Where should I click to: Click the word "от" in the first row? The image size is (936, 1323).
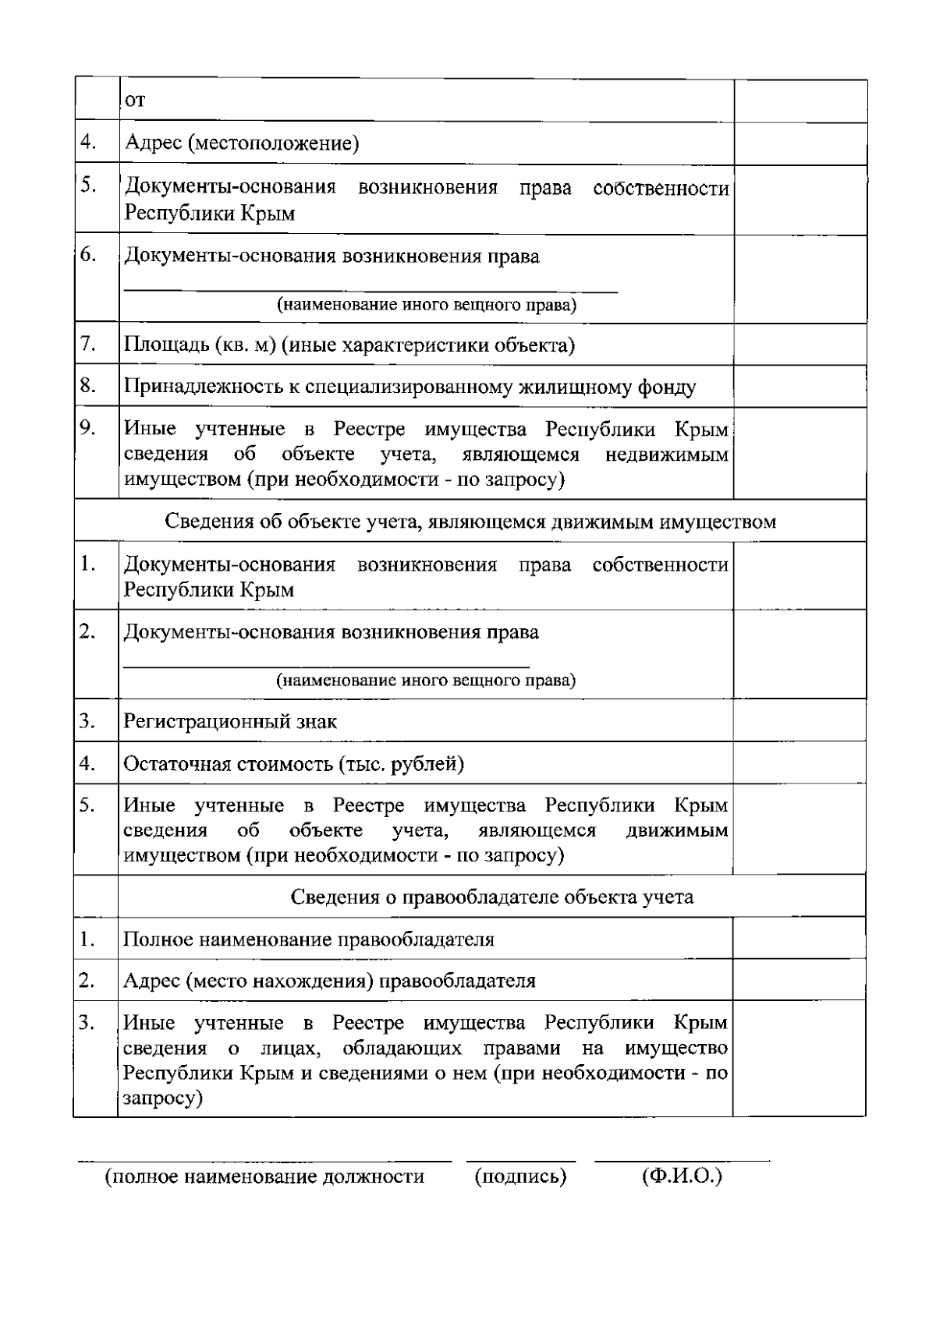[x=135, y=101]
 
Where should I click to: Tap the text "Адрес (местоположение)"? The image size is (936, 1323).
[x=242, y=143]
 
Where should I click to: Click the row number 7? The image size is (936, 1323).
[x=88, y=344]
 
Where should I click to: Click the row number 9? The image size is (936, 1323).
[x=88, y=428]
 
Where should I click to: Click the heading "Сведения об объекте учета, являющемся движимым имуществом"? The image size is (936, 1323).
[x=470, y=521]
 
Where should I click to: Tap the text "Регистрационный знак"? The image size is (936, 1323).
[x=230, y=721]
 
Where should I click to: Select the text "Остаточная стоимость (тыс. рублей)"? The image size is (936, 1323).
[x=293, y=763]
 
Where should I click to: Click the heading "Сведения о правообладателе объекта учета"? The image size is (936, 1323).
[x=491, y=897]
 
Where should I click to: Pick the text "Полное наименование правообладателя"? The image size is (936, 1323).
[x=309, y=939]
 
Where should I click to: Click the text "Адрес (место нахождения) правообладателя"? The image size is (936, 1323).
[x=329, y=981]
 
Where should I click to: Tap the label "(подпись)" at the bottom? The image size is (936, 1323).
[x=520, y=1176]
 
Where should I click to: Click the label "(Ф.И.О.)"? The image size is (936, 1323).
[x=682, y=1176]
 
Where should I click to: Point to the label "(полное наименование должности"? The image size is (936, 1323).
[x=265, y=1176]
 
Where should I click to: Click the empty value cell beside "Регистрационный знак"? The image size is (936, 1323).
[x=799, y=720]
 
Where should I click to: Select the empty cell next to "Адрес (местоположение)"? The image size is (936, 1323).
[x=800, y=143]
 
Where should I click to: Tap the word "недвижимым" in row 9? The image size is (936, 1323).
[x=666, y=454]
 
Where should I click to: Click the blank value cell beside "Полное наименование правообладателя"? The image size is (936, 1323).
[x=799, y=938]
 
